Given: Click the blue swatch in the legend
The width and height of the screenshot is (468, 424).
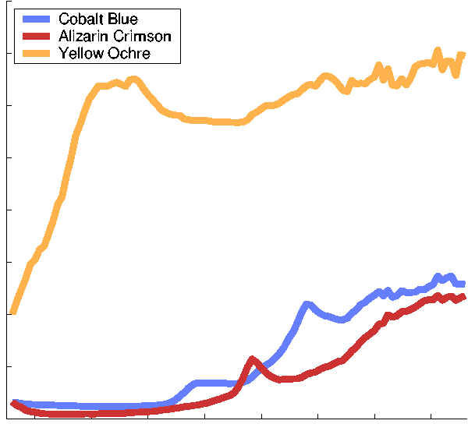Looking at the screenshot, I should pyautogui.click(x=34, y=19).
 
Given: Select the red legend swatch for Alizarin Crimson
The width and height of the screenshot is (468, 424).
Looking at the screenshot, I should pyautogui.click(x=34, y=37).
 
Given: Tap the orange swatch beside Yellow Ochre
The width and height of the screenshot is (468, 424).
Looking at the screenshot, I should pyautogui.click(x=34, y=53).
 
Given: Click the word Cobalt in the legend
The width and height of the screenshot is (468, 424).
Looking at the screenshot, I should pyautogui.click(x=80, y=19).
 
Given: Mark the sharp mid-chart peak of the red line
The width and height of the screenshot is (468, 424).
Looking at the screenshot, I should pyautogui.click(x=252, y=359).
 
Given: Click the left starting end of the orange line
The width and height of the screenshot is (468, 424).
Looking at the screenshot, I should pyautogui.click(x=12, y=313).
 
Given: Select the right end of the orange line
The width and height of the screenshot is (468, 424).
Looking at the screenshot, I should pyautogui.click(x=463, y=54).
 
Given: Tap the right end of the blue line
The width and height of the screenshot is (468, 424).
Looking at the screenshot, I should pyautogui.click(x=463, y=284).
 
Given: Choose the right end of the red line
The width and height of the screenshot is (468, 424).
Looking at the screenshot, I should pyautogui.click(x=464, y=296).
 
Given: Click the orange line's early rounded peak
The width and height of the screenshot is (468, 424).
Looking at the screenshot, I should pyautogui.click(x=133, y=79).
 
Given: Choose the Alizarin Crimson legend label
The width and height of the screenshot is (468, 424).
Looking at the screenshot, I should pyautogui.click(x=115, y=37).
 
